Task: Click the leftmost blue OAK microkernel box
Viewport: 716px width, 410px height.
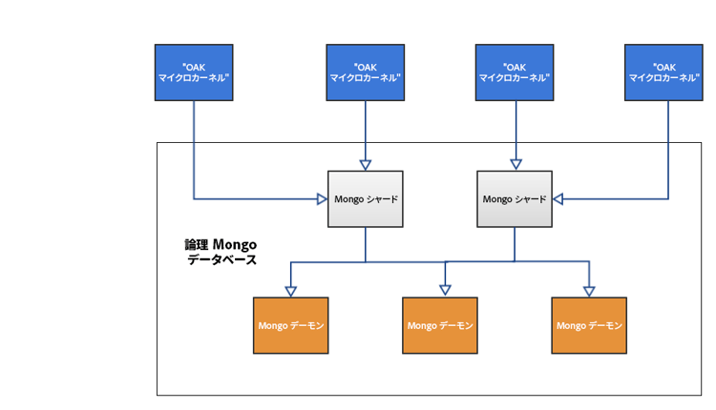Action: coord(194,72)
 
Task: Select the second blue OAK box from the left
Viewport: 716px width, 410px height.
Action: coord(365,72)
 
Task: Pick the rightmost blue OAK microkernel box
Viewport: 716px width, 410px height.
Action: coord(664,72)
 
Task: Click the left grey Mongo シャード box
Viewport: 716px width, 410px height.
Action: coord(365,199)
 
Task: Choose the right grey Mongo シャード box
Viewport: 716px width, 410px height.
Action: coord(515,199)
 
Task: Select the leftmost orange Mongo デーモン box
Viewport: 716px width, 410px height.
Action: coord(291,325)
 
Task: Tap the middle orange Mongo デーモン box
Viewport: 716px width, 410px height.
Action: coord(440,325)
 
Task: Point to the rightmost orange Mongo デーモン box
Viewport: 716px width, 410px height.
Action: coord(589,325)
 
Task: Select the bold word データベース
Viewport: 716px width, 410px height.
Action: coord(221,259)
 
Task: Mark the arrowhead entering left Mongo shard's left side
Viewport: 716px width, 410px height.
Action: coord(322,199)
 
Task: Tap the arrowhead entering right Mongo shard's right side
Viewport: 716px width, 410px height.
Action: coord(558,199)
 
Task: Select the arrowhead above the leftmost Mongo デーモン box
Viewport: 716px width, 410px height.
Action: coord(291,291)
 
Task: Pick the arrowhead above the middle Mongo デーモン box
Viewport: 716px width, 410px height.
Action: coord(444,291)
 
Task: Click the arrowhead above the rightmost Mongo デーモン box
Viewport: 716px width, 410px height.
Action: coord(589,291)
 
